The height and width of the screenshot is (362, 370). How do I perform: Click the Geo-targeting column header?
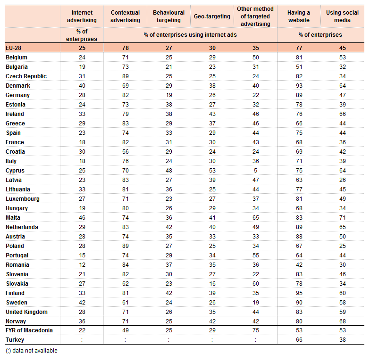click(212, 16)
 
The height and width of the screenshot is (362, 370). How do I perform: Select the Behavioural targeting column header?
click(169, 16)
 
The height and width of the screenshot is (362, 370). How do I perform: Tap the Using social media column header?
click(342, 16)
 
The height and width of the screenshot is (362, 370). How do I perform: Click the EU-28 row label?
click(13, 48)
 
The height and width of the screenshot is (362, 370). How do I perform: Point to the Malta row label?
click(13, 218)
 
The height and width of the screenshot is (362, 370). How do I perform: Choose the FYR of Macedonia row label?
click(29, 330)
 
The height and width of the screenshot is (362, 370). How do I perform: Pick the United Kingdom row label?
click(26, 312)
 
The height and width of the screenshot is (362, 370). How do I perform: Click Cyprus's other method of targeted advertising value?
click(256, 171)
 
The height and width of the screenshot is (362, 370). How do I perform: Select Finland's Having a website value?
click(299, 293)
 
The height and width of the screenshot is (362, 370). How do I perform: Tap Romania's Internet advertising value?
click(82, 265)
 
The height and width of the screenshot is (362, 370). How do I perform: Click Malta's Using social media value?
click(343, 218)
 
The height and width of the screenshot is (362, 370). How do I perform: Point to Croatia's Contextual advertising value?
click(126, 152)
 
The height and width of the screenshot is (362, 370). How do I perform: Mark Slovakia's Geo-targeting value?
click(212, 284)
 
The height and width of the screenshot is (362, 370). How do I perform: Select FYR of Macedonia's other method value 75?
click(256, 330)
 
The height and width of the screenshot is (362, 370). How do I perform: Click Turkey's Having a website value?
click(299, 339)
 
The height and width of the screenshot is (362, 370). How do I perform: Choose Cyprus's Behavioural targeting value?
click(169, 171)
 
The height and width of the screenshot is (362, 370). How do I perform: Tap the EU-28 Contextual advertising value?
click(126, 48)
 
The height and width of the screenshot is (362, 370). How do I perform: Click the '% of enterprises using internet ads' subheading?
click(190, 35)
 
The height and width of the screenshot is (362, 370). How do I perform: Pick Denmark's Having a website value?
click(299, 86)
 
